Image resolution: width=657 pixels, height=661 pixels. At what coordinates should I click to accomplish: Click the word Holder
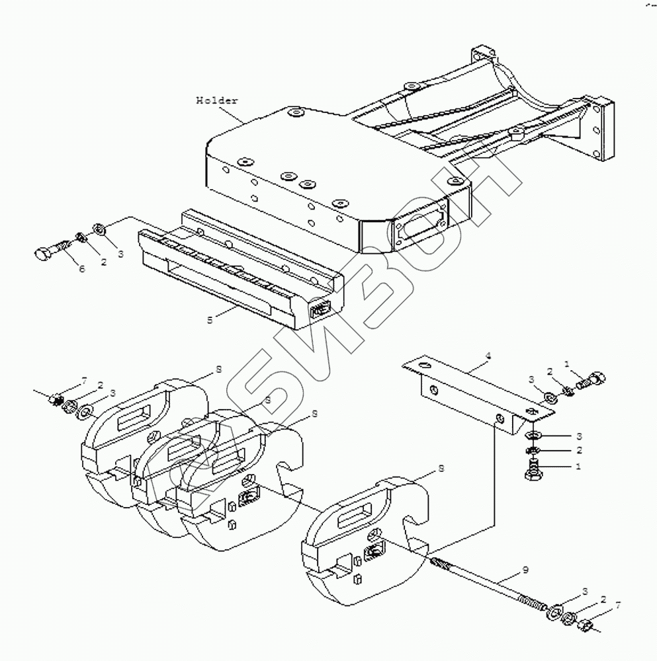click(216, 100)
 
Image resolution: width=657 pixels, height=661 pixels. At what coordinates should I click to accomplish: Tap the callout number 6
click(82, 268)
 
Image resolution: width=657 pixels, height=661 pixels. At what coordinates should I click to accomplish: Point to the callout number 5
click(210, 319)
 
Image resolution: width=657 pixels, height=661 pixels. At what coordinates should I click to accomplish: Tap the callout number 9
click(525, 569)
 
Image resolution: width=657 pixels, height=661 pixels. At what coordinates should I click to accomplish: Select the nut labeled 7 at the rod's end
click(587, 623)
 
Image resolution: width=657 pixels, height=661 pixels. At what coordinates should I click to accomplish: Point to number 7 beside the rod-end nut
click(618, 605)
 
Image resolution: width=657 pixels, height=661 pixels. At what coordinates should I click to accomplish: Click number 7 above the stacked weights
click(84, 380)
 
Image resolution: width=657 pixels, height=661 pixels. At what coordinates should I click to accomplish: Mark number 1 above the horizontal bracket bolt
click(566, 363)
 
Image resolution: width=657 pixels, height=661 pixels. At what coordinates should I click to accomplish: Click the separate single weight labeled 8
click(364, 535)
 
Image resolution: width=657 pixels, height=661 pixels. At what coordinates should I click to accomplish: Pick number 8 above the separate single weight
click(441, 469)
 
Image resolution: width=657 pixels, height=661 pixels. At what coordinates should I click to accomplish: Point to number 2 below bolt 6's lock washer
click(103, 262)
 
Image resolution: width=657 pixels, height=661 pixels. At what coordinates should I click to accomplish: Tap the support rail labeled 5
click(245, 271)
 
